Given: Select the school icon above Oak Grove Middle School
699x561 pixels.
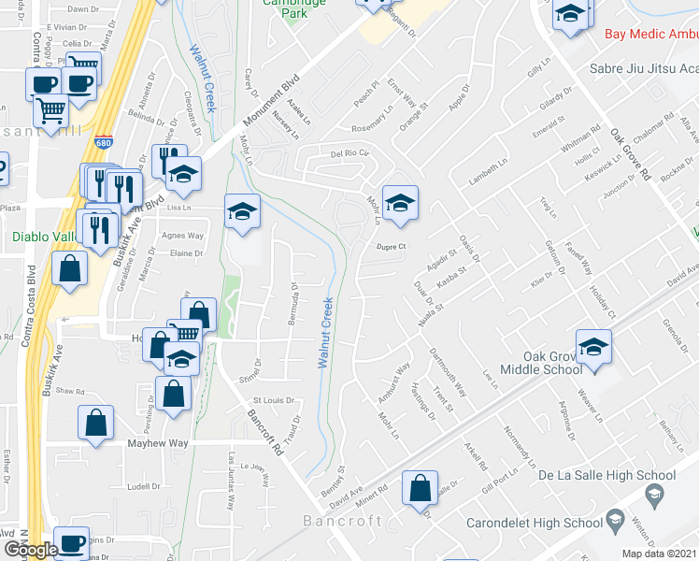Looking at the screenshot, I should [x=592, y=346].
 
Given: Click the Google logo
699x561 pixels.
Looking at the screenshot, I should [x=30, y=549].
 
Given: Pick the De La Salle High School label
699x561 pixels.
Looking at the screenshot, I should [x=606, y=476].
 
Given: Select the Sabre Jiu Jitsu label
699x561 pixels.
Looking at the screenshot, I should [x=643, y=68].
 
